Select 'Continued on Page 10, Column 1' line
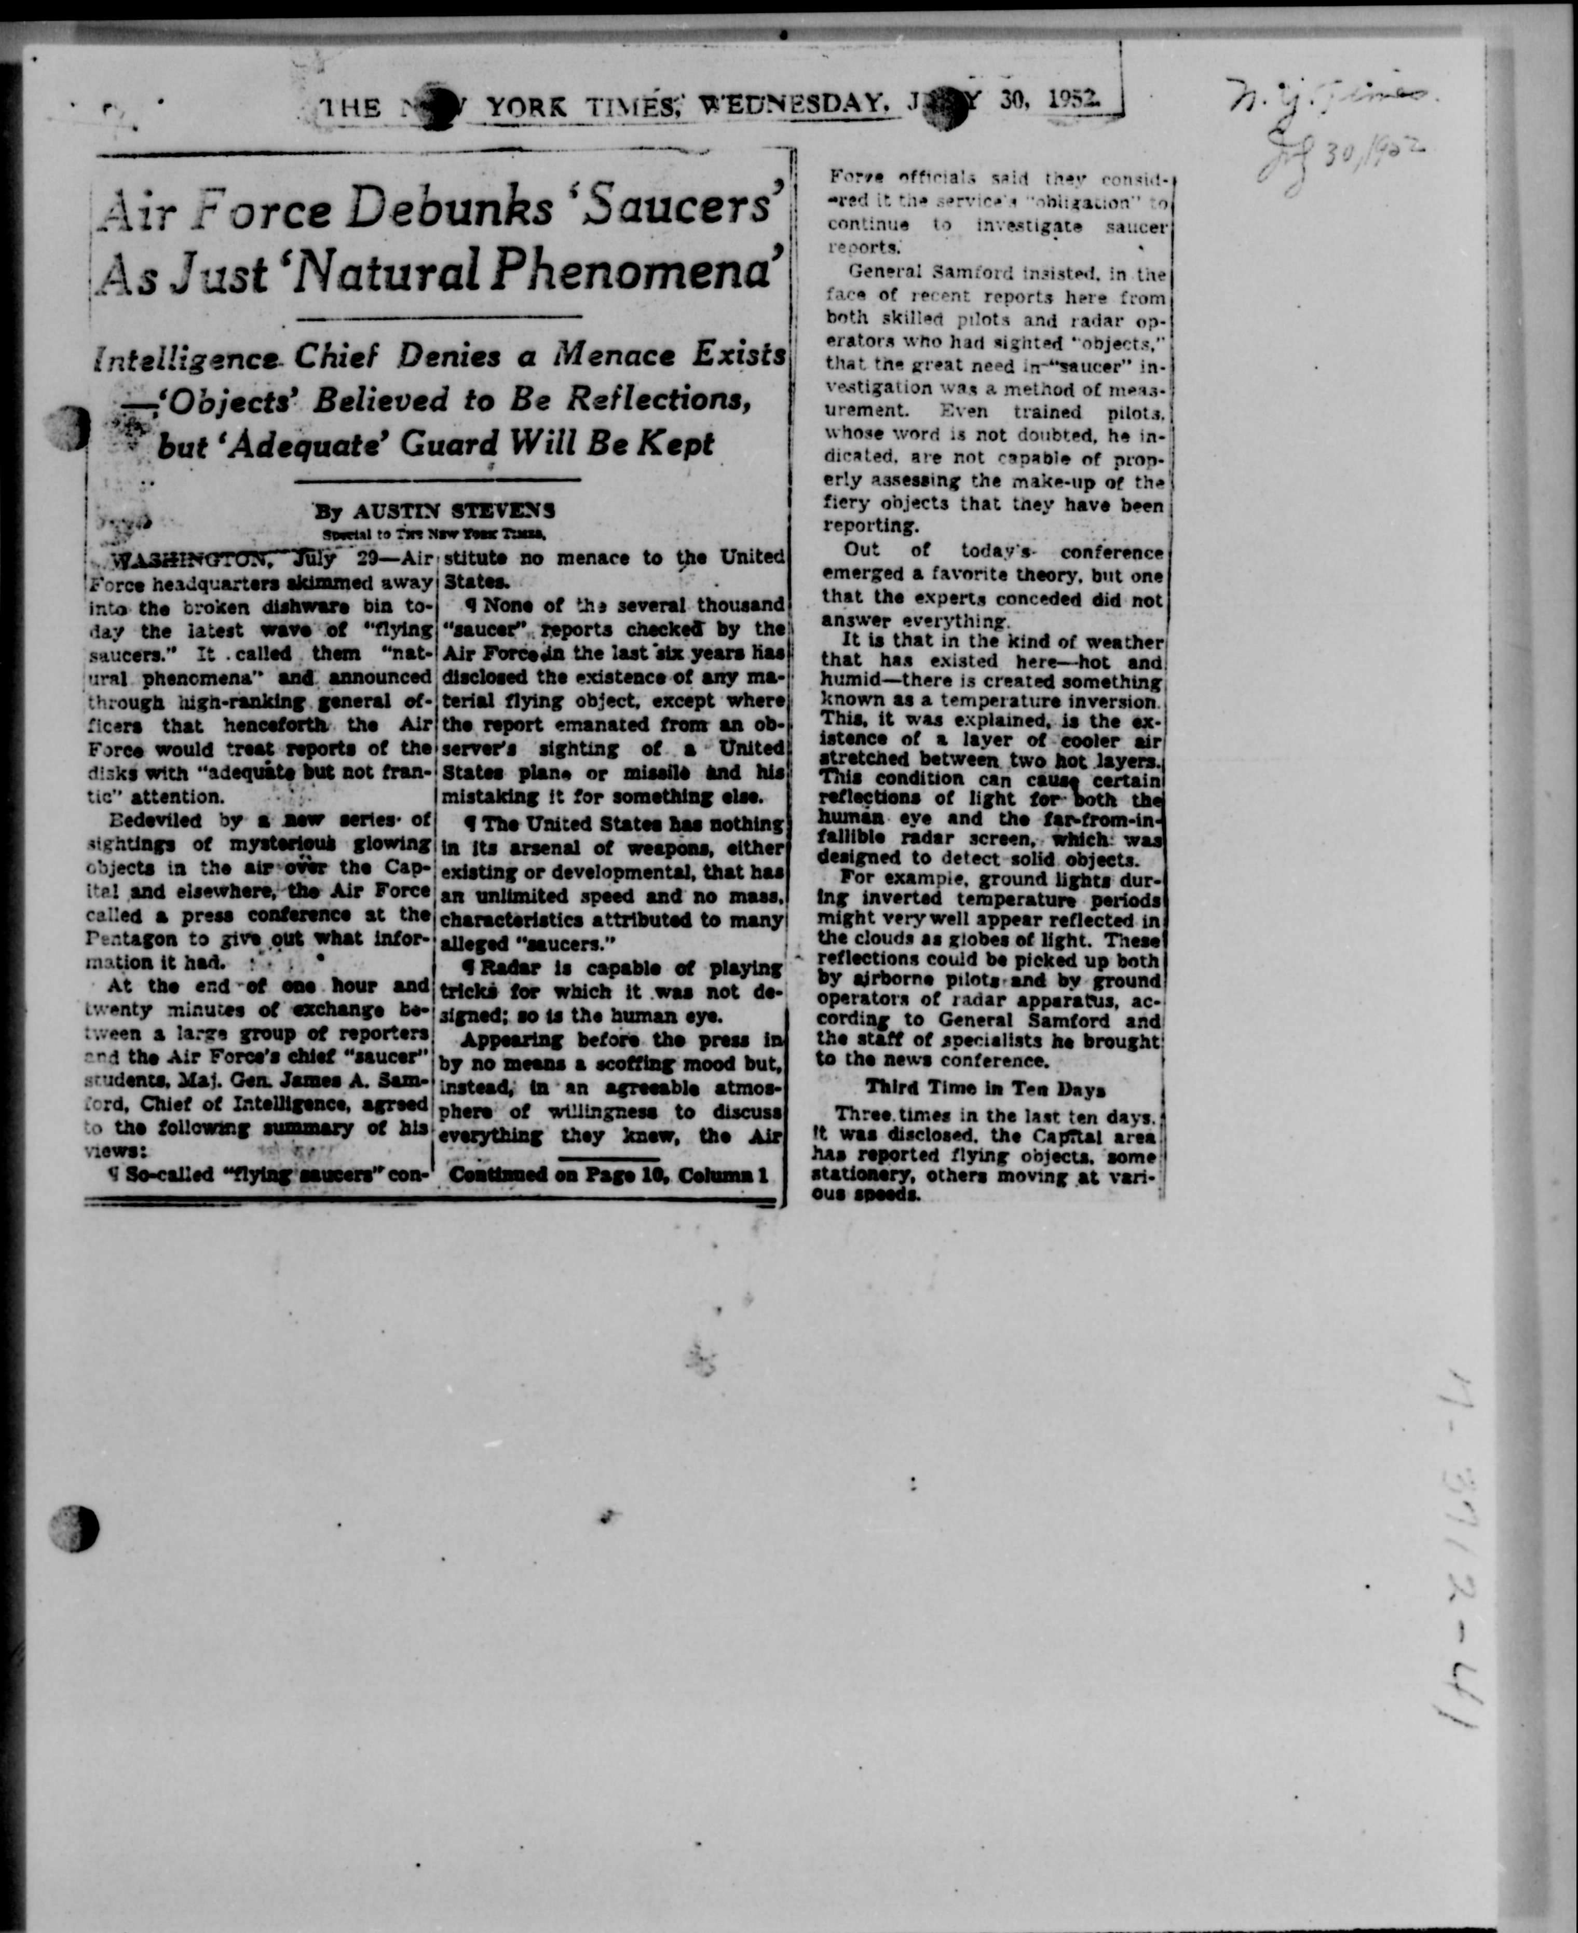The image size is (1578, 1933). click(609, 1175)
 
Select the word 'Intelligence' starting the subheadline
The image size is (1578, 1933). click(186, 358)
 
